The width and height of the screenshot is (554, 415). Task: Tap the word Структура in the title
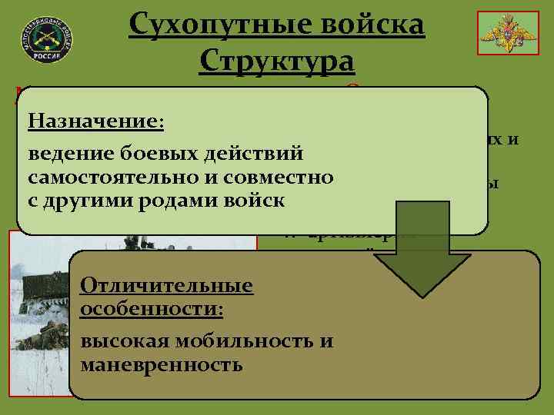(276, 61)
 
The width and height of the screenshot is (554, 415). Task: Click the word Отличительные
(166, 286)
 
